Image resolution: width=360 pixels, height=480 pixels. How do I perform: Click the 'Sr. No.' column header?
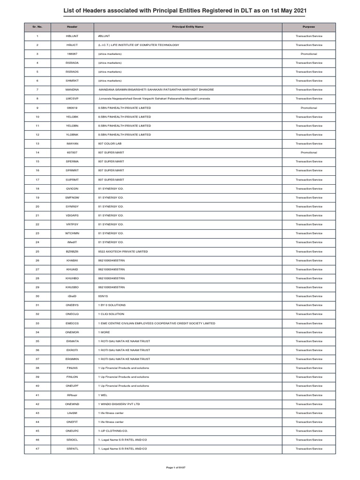(x=37, y=27)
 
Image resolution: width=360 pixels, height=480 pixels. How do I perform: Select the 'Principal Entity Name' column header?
(x=190, y=27)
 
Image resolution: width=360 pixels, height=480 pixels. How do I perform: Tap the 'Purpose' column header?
(x=309, y=27)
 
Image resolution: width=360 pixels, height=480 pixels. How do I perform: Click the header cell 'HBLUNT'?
(x=72, y=36)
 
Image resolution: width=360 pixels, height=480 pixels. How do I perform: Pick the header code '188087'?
(x=72, y=54)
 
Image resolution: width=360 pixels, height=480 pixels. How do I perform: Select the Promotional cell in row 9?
(x=309, y=108)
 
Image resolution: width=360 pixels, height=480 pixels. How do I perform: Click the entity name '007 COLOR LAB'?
(x=110, y=143)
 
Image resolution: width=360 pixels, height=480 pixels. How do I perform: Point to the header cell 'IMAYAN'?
(x=72, y=143)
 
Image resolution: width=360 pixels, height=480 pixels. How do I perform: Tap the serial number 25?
(x=37, y=251)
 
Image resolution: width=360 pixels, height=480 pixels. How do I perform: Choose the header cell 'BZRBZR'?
(x=72, y=251)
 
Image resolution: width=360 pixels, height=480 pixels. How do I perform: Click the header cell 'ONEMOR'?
(x=72, y=332)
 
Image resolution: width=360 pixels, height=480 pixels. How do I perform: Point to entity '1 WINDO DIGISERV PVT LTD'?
(x=119, y=404)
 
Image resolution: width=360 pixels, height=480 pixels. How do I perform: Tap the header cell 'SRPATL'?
(x=72, y=449)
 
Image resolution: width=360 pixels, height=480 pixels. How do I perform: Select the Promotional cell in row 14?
(x=309, y=152)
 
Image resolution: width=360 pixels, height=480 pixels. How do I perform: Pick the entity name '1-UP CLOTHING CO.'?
(x=113, y=430)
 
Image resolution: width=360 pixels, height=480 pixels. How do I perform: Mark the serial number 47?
(x=37, y=449)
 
